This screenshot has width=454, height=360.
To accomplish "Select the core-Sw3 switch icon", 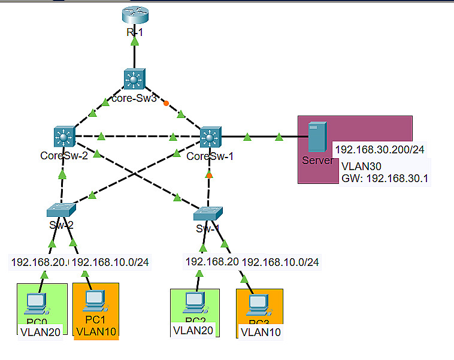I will tap(135, 80).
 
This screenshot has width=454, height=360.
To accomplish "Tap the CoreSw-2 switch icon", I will tap(62, 137).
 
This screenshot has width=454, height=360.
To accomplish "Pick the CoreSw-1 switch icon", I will tap(210, 137).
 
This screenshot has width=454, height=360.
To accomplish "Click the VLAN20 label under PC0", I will tap(40, 332).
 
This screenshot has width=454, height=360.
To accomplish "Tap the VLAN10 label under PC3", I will tap(259, 331).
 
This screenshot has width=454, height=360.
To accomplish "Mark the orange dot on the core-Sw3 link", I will tap(166, 102).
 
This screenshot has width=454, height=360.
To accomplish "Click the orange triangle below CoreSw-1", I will tap(209, 175).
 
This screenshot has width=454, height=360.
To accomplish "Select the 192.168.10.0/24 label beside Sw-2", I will tap(110, 261).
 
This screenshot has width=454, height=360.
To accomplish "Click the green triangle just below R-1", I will tap(135, 42).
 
